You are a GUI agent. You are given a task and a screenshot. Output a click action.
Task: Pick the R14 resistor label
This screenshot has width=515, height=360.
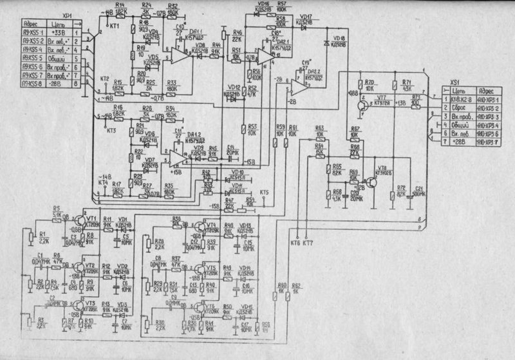tap(120, 5)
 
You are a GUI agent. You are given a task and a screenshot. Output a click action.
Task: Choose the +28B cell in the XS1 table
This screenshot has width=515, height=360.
tap(460, 142)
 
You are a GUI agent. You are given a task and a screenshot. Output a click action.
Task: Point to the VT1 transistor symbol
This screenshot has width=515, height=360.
tap(83, 220)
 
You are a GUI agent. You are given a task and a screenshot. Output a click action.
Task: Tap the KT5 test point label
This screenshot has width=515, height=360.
tap(265, 193)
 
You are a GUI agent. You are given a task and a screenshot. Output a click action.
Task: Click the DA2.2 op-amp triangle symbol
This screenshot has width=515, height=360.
tap(297, 87)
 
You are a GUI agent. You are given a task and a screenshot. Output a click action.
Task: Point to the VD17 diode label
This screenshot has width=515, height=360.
tap(306, 15)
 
